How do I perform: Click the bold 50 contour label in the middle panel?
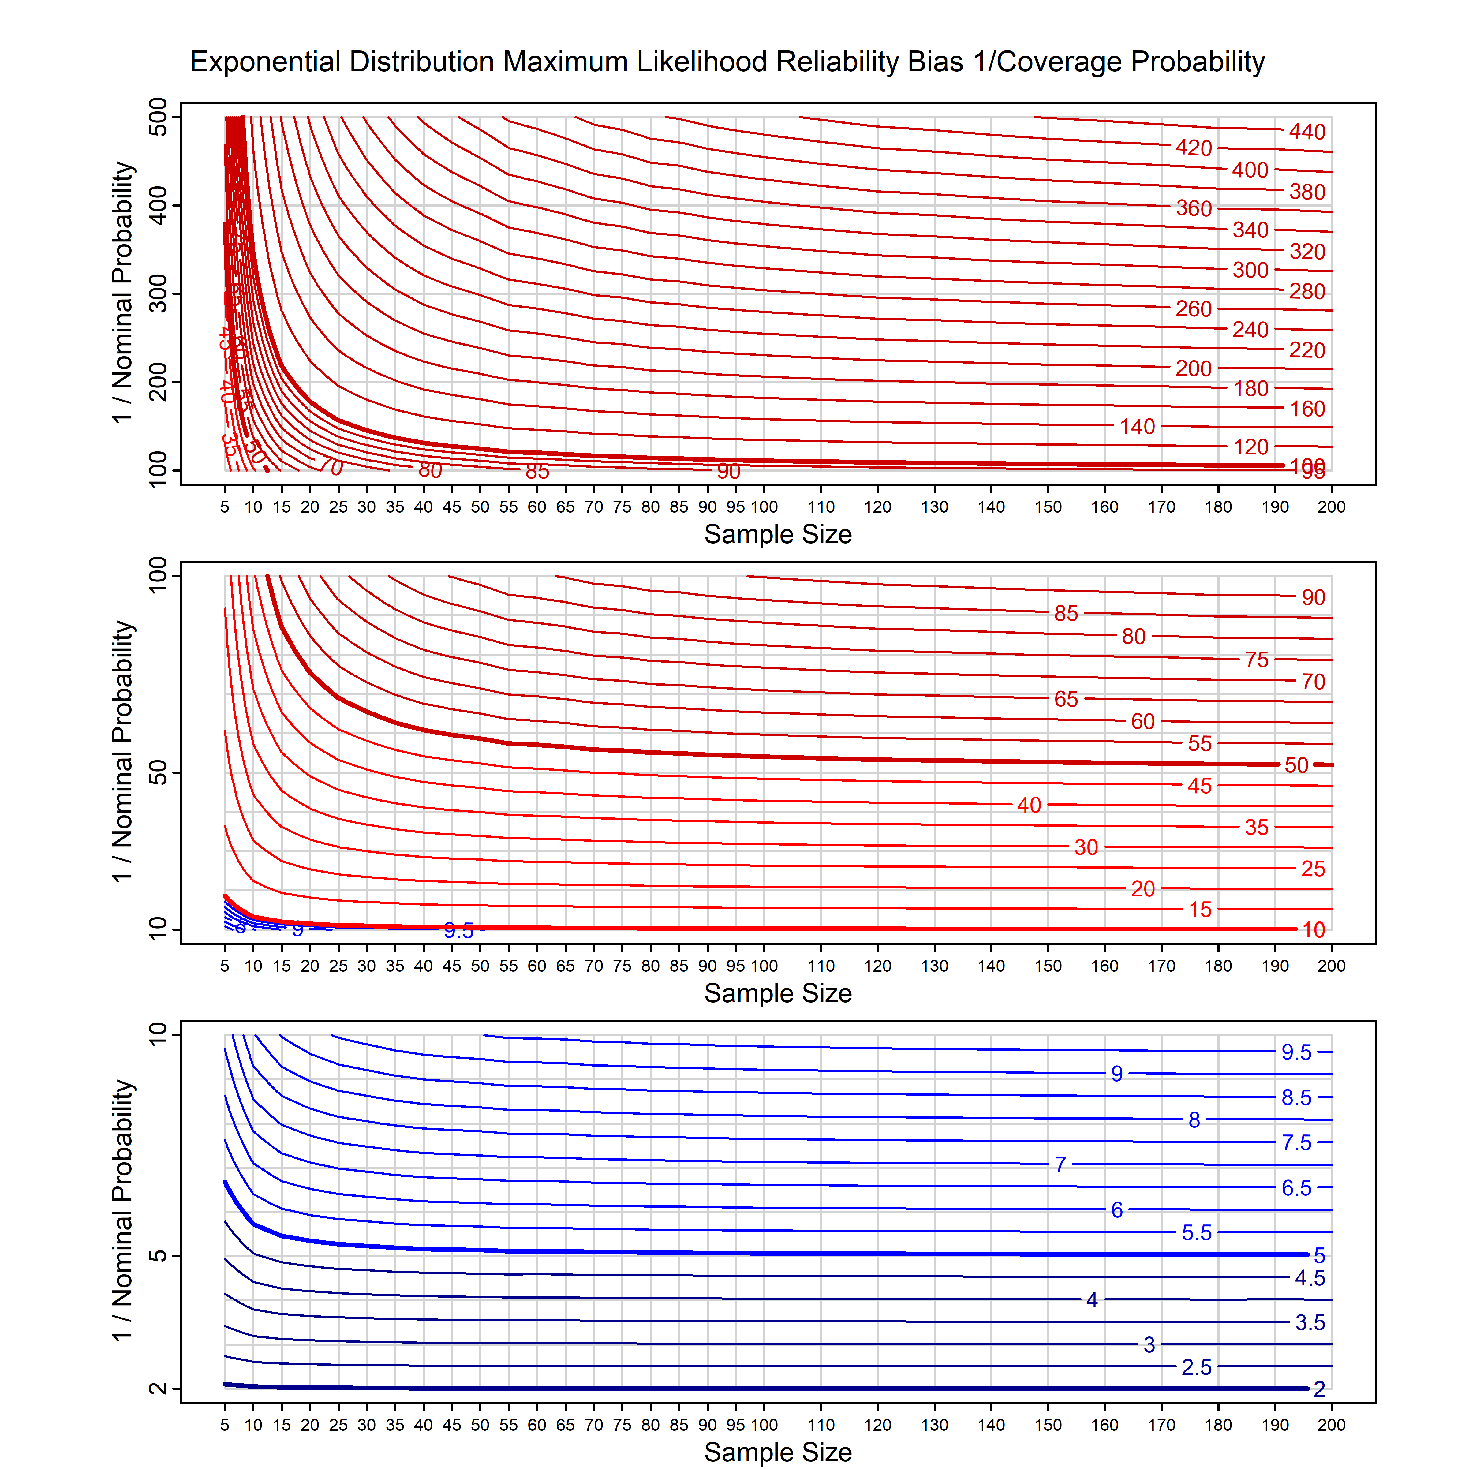pyautogui.click(x=1296, y=765)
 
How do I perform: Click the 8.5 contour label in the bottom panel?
pyautogui.click(x=1296, y=1097)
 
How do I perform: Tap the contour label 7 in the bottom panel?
pyautogui.click(x=1060, y=1164)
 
